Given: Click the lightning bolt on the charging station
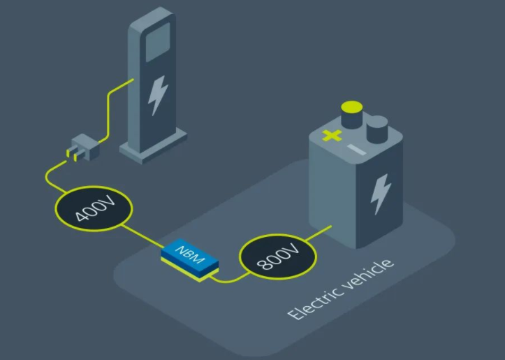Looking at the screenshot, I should [159, 95].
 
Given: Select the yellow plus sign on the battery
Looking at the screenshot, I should [332, 135].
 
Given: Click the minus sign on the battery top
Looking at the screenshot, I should [356, 150].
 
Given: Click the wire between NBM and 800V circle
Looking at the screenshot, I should [228, 279].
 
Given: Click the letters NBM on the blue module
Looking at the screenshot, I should [190, 255].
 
